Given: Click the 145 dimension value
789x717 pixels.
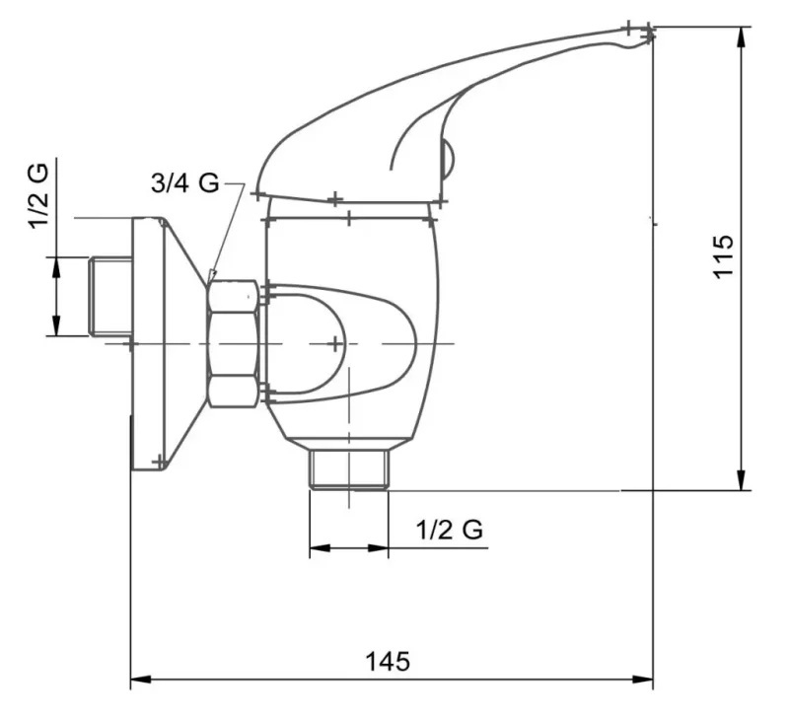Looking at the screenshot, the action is (388, 661).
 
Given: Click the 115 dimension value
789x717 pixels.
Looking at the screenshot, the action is (723, 255).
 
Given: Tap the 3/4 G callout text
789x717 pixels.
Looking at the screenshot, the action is (184, 182).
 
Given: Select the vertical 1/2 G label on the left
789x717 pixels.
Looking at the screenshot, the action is (38, 196).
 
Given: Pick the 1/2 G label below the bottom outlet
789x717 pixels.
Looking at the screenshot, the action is (450, 530).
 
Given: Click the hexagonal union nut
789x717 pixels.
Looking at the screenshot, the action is (234, 343).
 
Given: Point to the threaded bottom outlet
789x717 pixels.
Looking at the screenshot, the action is (349, 468).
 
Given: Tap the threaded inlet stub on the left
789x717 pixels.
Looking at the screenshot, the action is (110, 296).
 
